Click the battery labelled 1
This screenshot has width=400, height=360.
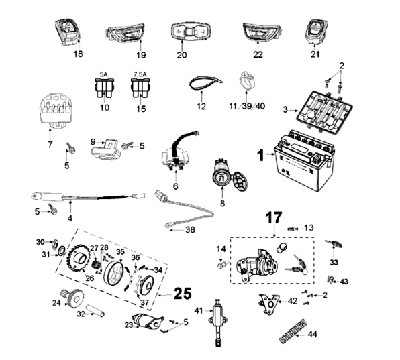(303, 160)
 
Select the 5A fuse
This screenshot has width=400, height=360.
(104, 88)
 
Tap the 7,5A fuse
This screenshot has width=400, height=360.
(140, 88)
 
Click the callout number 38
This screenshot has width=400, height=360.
(190, 230)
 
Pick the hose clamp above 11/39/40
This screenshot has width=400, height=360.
(246, 80)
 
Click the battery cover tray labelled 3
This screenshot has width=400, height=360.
(325, 111)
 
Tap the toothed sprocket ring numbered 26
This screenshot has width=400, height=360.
(78, 259)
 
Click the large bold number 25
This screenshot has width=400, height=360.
(183, 294)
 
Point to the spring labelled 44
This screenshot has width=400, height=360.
(293, 331)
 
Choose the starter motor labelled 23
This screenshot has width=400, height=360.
(148, 321)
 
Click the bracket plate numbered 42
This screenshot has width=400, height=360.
(269, 304)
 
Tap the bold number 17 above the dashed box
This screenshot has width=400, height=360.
(274, 218)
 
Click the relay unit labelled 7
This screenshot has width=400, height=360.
(56, 111)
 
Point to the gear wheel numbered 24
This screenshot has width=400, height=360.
(73, 298)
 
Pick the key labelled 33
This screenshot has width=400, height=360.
(333, 244)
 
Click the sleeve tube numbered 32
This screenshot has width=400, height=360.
(95, 310)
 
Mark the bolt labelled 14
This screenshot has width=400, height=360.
(222, 264)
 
